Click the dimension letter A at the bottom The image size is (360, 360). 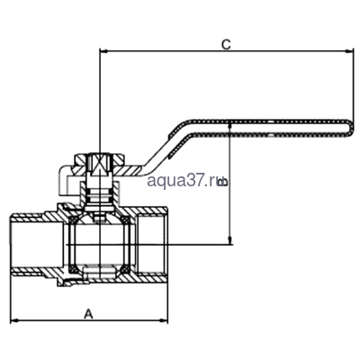(88, 312)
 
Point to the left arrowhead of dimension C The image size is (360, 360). (102, 53)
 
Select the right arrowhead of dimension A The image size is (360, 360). (165, 320)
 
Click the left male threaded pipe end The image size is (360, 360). (36, 240)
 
